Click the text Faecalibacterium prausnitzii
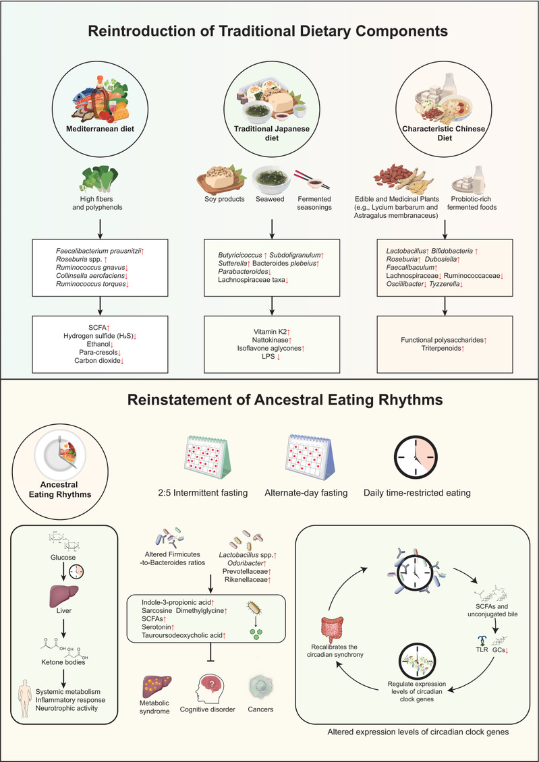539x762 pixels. (97, 251)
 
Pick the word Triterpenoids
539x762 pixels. (442, 349)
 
